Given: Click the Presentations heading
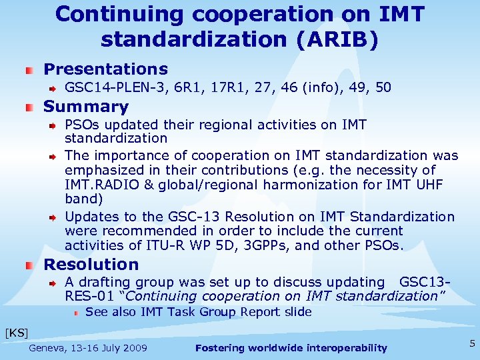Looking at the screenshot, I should coord(105,69).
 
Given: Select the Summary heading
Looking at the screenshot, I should coord(85,107).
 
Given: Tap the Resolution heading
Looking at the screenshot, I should coord(91,265).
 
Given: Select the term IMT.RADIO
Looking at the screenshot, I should coord(102,185).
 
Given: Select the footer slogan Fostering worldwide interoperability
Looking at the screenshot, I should coord(291,348).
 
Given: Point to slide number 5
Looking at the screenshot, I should coord(472,344).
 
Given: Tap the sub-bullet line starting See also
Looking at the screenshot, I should coord(199,312).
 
